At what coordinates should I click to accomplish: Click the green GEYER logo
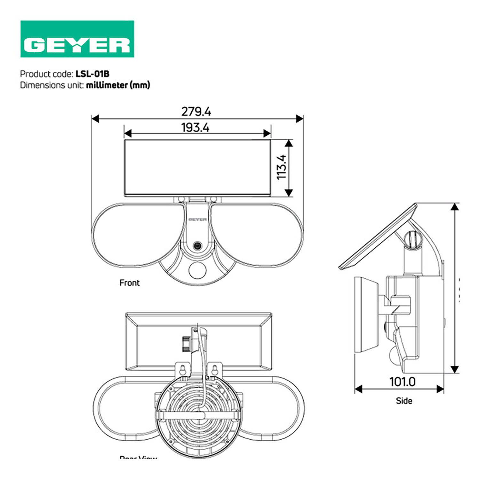pos(77,39)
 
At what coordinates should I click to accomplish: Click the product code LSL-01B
pos(92,74)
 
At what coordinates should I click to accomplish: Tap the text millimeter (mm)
pos(118,85)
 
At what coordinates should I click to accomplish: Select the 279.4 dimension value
pos(196,112)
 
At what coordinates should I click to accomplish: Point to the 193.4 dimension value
pos(195,128)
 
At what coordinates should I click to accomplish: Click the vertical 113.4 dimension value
pos(282,167)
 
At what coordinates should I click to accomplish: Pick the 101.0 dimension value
pos(402,382)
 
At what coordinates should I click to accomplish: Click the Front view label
pos(130,283)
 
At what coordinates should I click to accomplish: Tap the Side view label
pos(404,401)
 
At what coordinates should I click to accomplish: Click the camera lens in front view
pos(197,246)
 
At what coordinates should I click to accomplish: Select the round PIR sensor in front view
pos(197,270)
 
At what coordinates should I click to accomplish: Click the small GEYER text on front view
pos(197,220)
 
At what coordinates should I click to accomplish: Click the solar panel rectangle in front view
pos(197,167)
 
